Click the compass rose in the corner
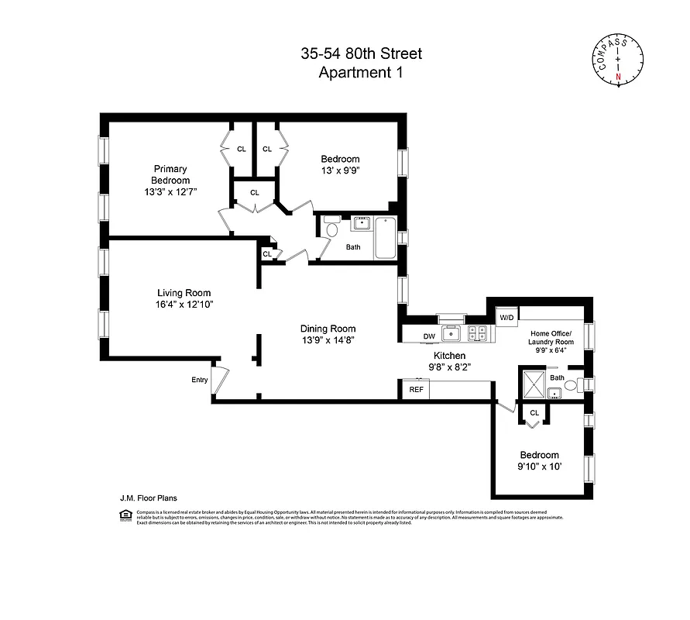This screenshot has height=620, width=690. tap(620, 60)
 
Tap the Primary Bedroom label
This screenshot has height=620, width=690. tap(170, 174)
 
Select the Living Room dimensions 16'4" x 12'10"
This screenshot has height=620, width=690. tap(184, 305)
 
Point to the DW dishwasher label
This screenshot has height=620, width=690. tap(429, 336)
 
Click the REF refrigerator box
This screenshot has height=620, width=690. tap(416, 390)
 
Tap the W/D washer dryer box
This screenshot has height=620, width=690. tap(506, 318)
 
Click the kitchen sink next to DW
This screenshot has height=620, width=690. tap(451, 334)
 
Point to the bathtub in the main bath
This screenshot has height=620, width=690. tap(385, 238)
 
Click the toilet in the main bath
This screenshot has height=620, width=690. tap(331, 228)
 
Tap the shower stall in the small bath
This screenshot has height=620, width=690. tap(532, 382)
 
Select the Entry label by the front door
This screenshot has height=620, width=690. tap(200, 380)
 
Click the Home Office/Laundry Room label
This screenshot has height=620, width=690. tap(551, 338)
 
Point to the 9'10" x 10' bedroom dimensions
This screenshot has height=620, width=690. tap(540, 467)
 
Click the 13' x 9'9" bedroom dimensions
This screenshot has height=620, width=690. tap(341, 171)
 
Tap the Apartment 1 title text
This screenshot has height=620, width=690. tap(362, 73)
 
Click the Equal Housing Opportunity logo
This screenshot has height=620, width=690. tap(125, 517)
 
